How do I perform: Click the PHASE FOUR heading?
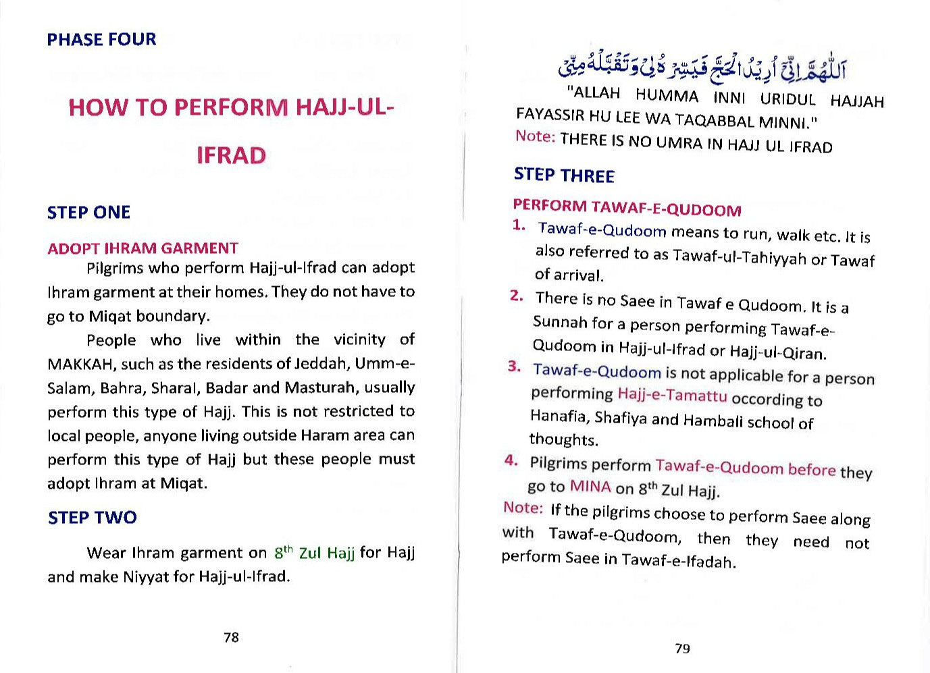click(x=101, y=39)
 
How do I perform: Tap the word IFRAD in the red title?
click(x=231, y=155)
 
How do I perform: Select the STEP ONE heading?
click(x=88, y=213)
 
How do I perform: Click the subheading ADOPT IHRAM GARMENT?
click(x=143, y=248)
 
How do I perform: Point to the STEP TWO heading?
click(x=92, y=518)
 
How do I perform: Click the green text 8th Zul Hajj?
click(x=314, y=553)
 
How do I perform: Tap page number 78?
click(x=231, y=637)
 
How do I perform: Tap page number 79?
click(x=682, y=649)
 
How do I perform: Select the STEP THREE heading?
click(x=564, y=176)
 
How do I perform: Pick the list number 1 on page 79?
click(x=519, y=225)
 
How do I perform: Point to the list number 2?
click(x=517, y=296)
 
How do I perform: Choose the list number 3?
click(x=514, y=367)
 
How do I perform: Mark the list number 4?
click(x=511, y=460)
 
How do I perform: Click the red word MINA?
click(x=590, y=487)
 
